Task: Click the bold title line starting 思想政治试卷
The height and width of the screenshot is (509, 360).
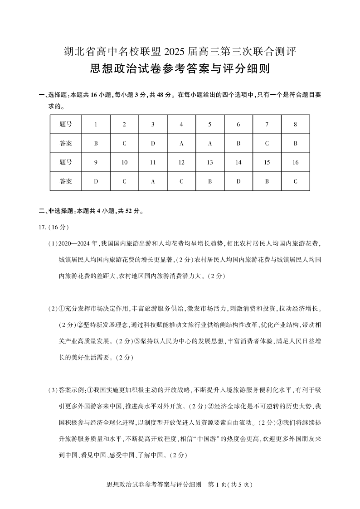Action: tap(180, 69)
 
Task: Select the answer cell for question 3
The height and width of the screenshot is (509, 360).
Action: tap(153, 144)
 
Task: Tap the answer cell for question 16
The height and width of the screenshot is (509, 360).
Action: tap(295, 181)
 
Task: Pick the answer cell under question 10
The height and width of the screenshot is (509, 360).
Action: tap(124, 181)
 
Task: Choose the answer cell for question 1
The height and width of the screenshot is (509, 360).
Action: tap(96, 144)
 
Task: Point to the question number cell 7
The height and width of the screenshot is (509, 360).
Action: tap(267, 124)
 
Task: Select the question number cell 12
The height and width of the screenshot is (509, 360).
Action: tap(181, 162)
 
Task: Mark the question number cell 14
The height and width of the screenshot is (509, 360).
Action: tap(238, 162)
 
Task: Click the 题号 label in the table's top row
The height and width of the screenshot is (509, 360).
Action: tap(66, 124)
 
